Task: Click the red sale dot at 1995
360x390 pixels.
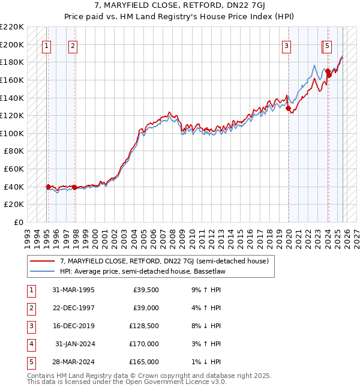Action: click(x=49, y=187)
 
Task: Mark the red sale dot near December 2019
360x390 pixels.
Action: click(x=289, y=108)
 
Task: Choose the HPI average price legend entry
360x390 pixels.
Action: click(x=131, y=271)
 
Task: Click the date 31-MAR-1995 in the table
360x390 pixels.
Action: click(x=73, y=290)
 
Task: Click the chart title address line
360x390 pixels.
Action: click(x=180, y=7)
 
